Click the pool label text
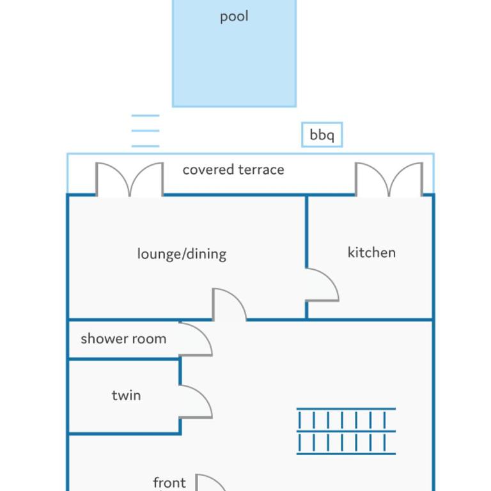pyautogui.click(x=234, y=17)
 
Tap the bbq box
pyautogui.click(x=322, y=135)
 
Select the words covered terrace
pyautogui.click(x=233, y=169)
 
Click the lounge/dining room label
pyautogui.click(x=182, y=254)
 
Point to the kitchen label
pyautogui.click(x=371, y=253)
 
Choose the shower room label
pyautogui.click(x=123, y=339)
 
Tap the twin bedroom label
pyautogui.click(x=126, y=396)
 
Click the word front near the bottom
pyautogui.click(x=169, y=483)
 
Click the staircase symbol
pyautogui.click(x=346, y=431)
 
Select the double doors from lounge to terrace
pyautogui.click(x=129, y=180)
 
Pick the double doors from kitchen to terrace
pyautogui.click(x=389, y=180)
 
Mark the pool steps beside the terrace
pyautogui.click(x=145, y=131)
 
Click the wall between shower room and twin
pyautogui.click(x=124, y=359)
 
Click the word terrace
pyautogui.click(x=261, y=170)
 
